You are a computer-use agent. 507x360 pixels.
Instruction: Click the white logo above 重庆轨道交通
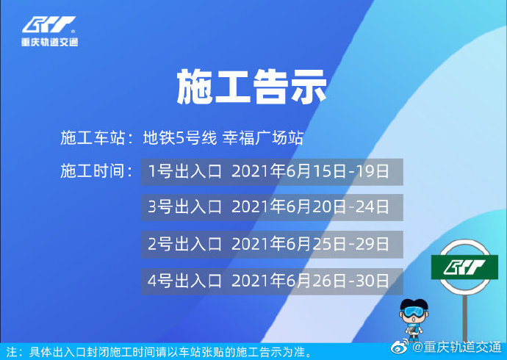point(48,24)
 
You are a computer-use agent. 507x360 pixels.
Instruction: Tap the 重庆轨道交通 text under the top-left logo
point(50,42)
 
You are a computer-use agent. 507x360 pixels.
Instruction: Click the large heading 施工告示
point(251,87)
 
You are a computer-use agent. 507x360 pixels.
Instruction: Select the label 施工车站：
point(97,137)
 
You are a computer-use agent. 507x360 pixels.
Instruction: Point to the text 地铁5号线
point(180,137)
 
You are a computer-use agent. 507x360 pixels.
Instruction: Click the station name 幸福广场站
point(263,137)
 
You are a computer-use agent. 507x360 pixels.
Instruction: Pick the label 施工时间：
point(97,170)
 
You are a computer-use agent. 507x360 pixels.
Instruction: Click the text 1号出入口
point(184,171)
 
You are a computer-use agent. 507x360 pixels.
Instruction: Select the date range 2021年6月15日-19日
point(310,171)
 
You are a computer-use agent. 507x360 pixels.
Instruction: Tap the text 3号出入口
point(184,207)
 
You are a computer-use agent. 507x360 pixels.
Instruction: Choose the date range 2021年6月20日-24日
point(310,207)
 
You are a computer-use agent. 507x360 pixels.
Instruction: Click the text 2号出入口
point(184,244)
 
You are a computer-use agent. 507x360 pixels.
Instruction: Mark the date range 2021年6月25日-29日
point(310,244)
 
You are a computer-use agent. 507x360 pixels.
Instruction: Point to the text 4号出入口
point(184,281)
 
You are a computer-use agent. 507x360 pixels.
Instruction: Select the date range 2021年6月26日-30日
point(310,281)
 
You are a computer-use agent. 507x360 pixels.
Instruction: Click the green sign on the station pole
point(464,267)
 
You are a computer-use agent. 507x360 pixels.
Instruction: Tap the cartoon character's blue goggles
point(414,312)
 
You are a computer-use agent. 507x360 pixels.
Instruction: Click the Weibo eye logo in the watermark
point(400,348)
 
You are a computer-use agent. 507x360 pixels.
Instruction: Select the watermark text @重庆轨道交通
point(456,348)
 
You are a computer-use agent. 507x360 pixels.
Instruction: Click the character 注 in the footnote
point(11,352)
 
